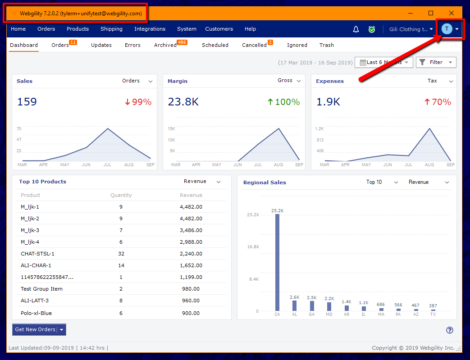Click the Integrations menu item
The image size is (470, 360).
[150, 29]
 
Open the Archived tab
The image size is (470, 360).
[165, 45]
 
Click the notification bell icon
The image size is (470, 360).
[356, 29]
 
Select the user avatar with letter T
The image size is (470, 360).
[447, 29]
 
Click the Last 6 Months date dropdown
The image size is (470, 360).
[384, 62]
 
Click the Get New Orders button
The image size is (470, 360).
[35, 329]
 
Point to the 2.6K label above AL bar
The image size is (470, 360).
[294, 297]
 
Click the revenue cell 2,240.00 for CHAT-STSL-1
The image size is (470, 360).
[191, 254]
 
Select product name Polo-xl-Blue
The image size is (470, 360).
[36, 313]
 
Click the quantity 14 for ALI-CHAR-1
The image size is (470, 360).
[121, 265]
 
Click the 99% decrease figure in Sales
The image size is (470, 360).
[138, 102]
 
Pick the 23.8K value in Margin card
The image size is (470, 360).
[183, 102]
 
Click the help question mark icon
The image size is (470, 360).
[449, 330]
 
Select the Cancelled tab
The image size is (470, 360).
[254, 45]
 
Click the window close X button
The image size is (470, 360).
[451, 13]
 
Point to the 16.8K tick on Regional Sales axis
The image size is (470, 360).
[252, 247]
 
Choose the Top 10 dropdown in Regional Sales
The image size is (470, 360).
[382, 182]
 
